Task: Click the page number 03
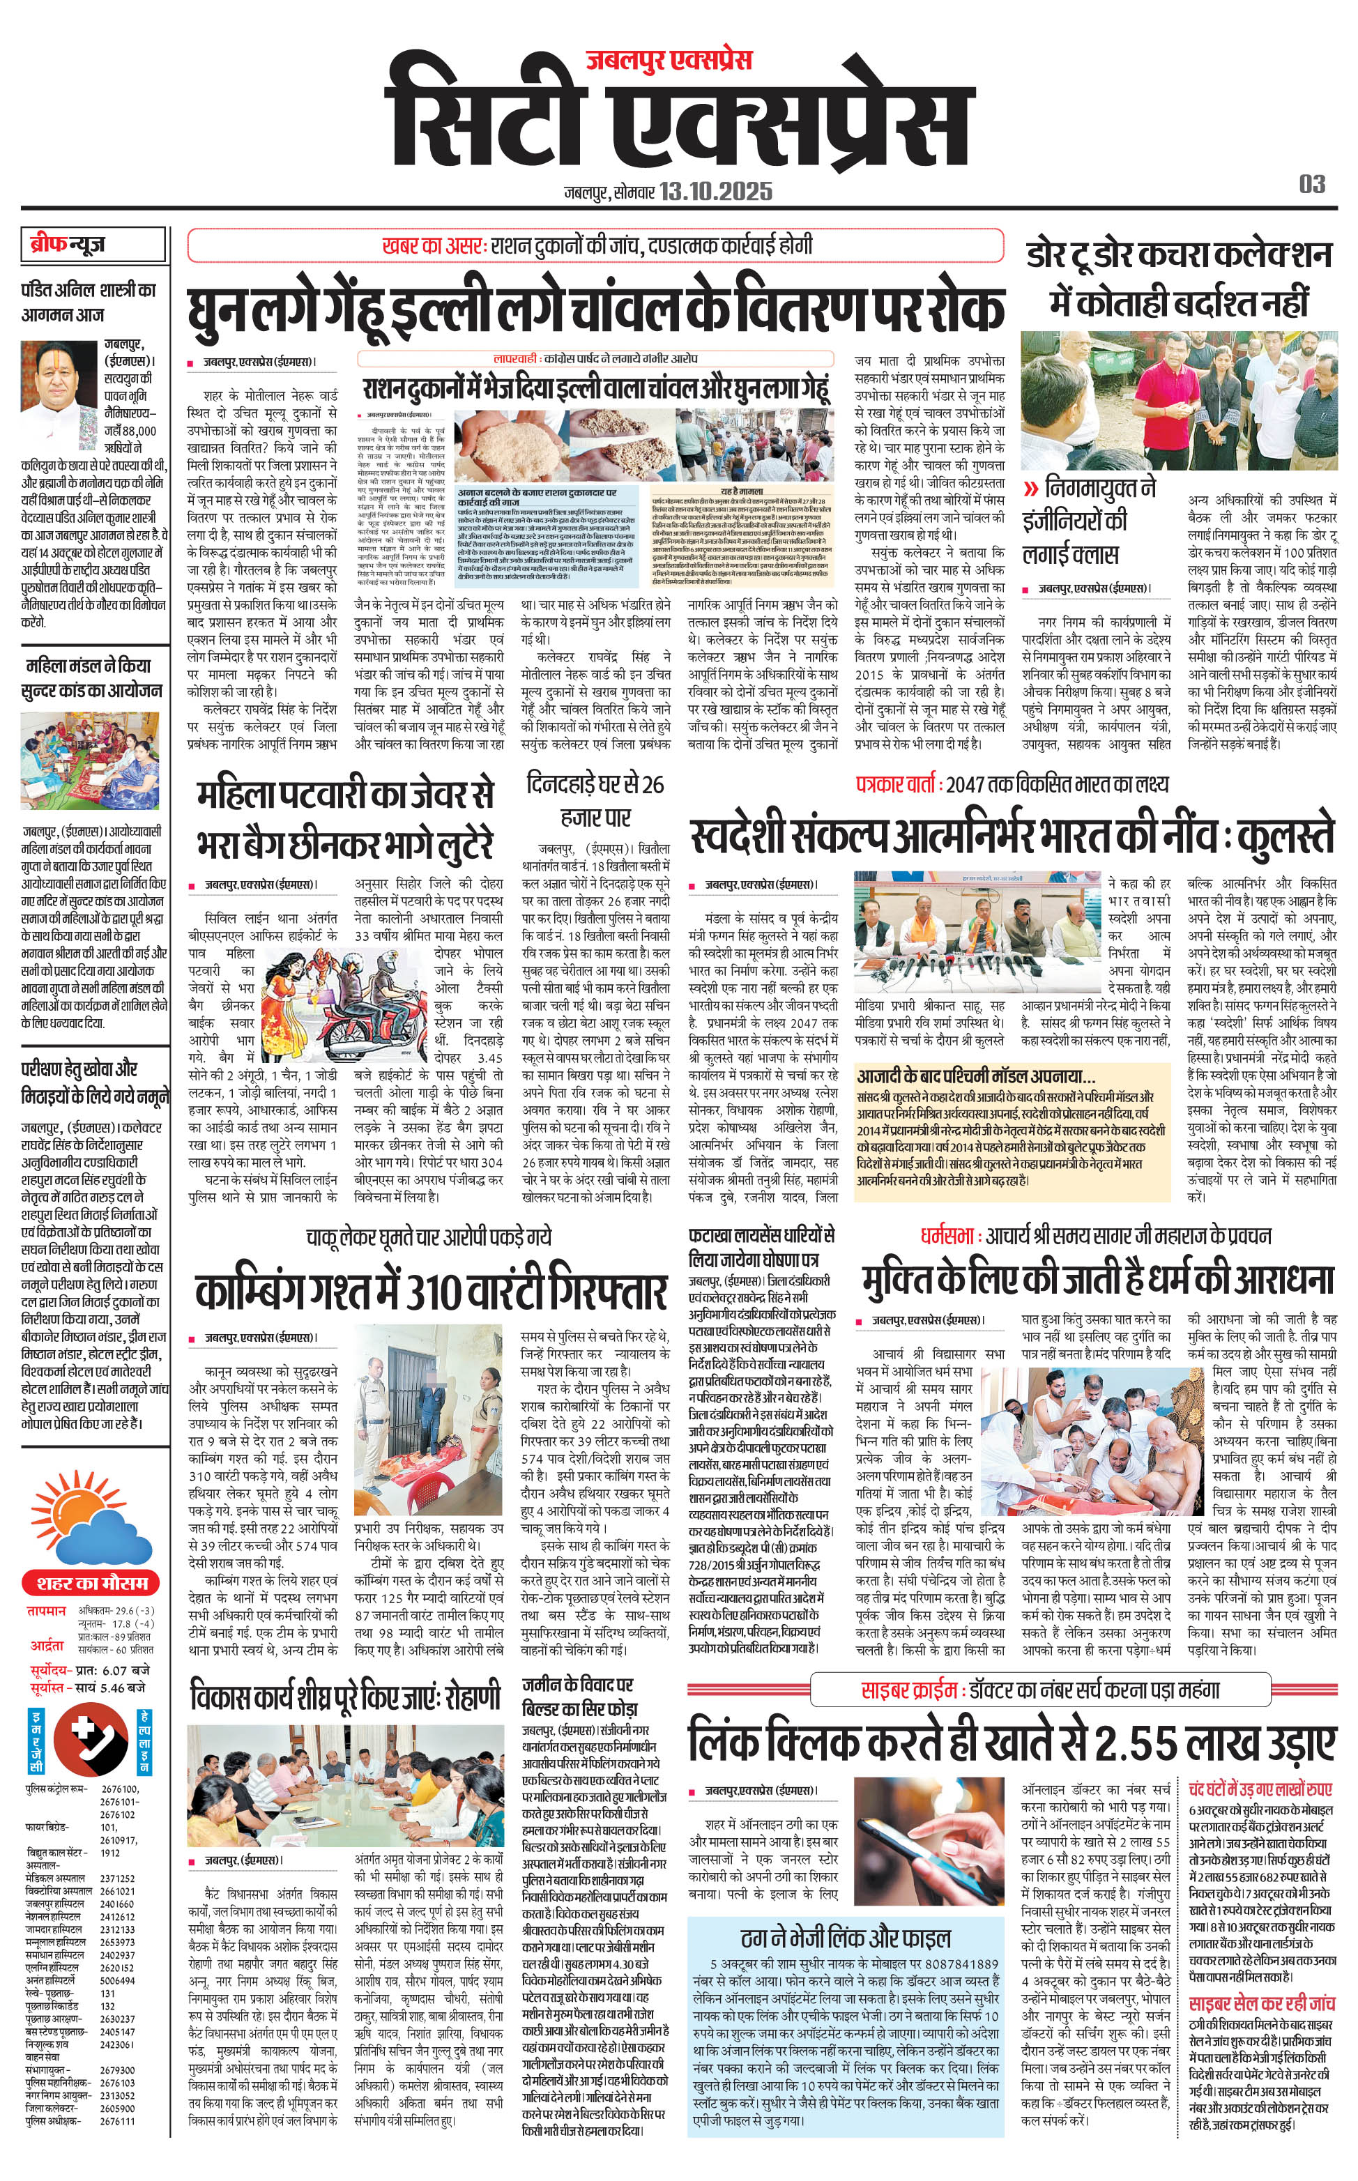coord(1312,184)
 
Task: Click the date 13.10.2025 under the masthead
coord(715,191)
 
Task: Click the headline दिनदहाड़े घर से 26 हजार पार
coord(595,800)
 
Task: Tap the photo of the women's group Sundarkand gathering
coord(90,761)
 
